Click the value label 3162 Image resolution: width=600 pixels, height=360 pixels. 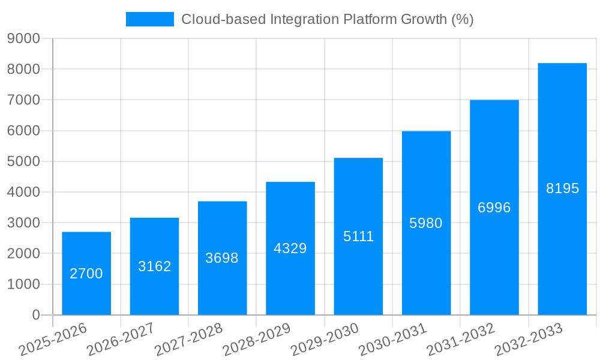pyautogui.click(x=155, y=266)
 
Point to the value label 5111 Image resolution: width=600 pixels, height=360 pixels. pyautogui.click(x=359, y=236)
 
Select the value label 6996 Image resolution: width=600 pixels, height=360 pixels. pyautogui.click(x=494, y=208)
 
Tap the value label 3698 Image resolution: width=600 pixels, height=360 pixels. pyautogui.click(x=222, y=258)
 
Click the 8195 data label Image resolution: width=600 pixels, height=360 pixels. pyautogui.click(x=563, y=188)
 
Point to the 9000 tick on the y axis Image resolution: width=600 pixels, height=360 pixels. pyautogui.click(x=23, y=39)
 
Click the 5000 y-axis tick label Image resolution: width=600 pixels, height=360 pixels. pyautogui.click(x=23, y=161)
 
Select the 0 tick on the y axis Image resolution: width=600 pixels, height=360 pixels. pyautogui.click(x=35, y=315)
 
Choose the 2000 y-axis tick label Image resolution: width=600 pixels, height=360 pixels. pyautogui.click(x=23, y=254)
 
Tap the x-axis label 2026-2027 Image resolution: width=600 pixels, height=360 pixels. pyautogui.click(x=121, y=340)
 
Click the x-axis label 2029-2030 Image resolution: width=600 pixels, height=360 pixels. pyautogui.click(x=325, y=340)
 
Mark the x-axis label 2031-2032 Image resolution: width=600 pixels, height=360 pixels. pyautogui.click(x=461, y=340)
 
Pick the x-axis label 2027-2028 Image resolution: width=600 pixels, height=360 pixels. pyautogui.click(x=188, y=340)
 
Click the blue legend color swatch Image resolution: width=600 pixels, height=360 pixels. pyautogui.click(x=149, y=19)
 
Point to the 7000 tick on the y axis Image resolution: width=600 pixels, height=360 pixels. pyautogui.click(x=23, y=100)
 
